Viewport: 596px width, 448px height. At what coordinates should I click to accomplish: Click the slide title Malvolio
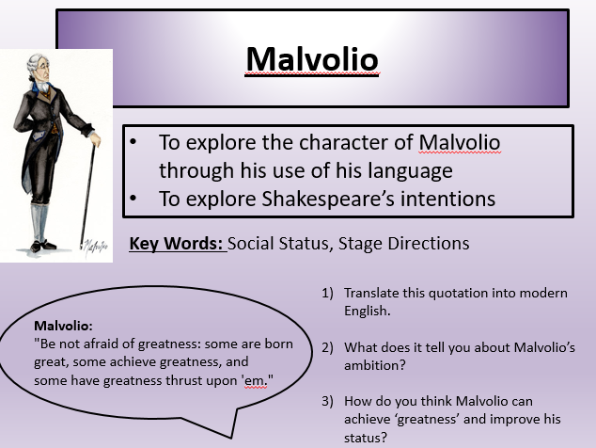(x=312, y=59)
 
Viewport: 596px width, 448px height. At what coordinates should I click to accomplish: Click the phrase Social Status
(x=278, y=244)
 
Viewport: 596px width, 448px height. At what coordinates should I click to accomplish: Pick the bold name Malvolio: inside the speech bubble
(x=64, y=326)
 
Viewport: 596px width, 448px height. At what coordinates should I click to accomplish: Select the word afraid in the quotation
(x=102, y=344)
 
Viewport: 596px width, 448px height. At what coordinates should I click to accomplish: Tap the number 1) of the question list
(x=328, y=293)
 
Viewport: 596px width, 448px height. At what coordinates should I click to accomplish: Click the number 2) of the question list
(x=328, y=347)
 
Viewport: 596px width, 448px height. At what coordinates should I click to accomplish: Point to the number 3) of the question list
(x=328, y=401)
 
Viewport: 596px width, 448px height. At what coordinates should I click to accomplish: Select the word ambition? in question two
(x=375, y=366)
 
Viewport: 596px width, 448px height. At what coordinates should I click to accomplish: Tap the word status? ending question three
(x=366, y=438)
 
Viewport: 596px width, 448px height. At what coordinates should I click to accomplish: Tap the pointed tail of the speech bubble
(x=230, y=438)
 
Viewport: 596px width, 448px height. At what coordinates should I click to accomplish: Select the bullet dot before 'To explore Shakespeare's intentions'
(x=133, y=199)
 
